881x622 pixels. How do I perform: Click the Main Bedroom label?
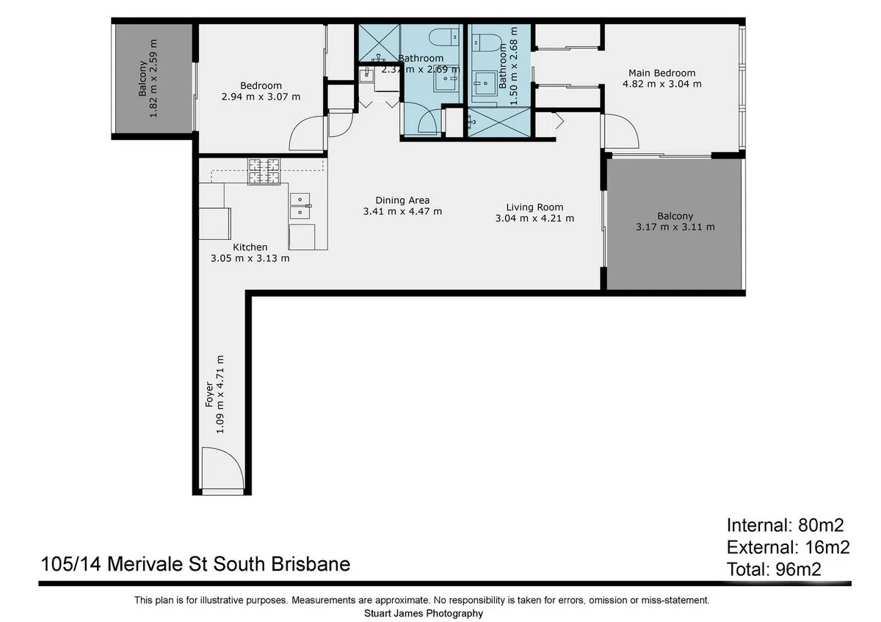[x=661, y=73]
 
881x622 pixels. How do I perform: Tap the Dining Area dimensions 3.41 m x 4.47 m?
[x=402, y=212]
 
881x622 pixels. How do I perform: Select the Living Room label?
[x=534, y=207]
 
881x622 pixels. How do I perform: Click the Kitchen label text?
[x=250, y=247]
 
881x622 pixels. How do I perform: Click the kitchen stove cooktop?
[x=264, y=172]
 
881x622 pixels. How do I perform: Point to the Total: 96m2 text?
[x=774, y=568]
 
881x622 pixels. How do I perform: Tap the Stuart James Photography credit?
[x=424, y=613]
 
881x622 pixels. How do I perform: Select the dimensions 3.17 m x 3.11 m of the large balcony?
[x=675, y=227]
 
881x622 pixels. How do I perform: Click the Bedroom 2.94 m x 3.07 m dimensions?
[x=261, y=97]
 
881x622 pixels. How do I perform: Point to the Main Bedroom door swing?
[x=620, y=133]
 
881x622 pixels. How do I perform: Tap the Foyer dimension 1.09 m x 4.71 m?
[x=220, y=394]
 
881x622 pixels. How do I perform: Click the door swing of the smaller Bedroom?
[x=308, y=134]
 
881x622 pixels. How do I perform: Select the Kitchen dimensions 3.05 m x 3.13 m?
[x=250, y=258]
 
